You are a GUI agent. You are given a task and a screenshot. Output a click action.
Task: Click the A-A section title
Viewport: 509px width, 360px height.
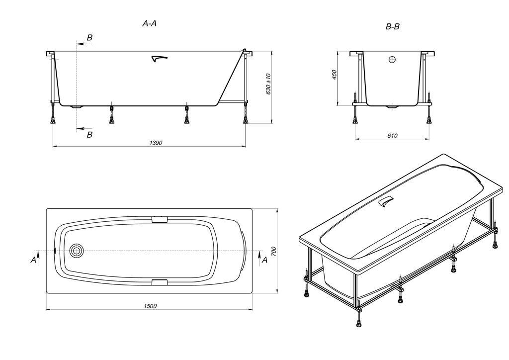click(150, 23)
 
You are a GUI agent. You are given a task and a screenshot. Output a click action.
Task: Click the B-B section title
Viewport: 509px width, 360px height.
click(392, 27)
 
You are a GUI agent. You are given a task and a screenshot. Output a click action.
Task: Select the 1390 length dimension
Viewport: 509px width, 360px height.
click(156, 143)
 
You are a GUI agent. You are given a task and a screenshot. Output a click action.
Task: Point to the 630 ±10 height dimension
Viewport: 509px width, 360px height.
click(268, 84)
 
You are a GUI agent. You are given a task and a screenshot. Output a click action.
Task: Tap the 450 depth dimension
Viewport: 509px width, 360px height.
click(335, 74)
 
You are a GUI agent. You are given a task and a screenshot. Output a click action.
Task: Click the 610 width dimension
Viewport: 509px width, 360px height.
click(392, 136)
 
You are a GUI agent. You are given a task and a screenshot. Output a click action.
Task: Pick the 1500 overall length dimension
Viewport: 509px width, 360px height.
click(150, 306)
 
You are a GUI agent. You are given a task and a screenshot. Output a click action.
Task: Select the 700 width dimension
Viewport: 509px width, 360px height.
click(273, 251)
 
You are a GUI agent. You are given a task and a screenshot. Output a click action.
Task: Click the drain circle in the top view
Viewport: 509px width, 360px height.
click(77, 251)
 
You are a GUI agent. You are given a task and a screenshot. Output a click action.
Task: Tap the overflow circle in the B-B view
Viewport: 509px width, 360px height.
click(392, 60)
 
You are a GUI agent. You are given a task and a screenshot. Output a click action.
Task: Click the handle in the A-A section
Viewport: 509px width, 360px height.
click(160, 59)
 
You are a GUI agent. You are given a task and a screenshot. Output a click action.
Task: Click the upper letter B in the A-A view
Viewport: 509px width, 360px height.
click(89, 38)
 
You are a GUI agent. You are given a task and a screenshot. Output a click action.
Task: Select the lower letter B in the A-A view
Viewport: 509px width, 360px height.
click(89, 135)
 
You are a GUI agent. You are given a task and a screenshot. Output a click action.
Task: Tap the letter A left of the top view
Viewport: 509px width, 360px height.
click(33, 260)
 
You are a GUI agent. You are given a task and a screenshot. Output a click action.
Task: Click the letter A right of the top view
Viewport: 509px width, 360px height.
click(264, 260)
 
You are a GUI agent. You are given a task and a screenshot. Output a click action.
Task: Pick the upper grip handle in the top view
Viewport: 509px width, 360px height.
click(160, 220)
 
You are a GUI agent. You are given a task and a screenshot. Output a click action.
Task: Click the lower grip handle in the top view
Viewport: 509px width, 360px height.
click(160, 282)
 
